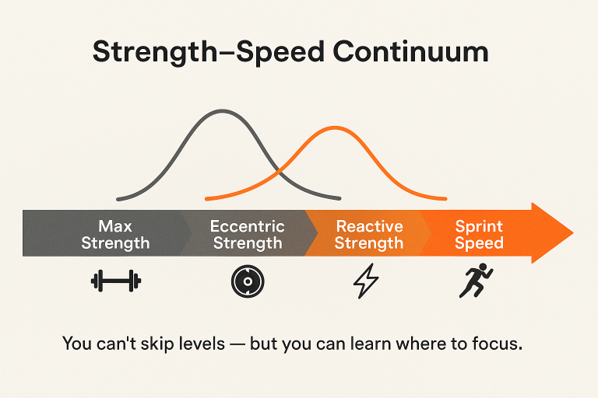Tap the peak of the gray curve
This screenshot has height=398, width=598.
(x=222, y=111)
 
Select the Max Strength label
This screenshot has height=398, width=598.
(x=115, y=235)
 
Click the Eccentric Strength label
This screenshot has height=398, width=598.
(x=248, y=235)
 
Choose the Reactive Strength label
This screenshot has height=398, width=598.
(x=369, y=235)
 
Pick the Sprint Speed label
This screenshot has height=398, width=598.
(x=479, y=235)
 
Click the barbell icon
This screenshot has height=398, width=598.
(x=114, y=281)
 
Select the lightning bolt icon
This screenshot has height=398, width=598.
(x=366, y=281)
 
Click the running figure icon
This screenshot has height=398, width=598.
(x=476, y=281)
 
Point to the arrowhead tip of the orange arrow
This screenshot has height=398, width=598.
(x=572, y=233)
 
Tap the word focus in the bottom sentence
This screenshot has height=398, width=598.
(x=496, y=343)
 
